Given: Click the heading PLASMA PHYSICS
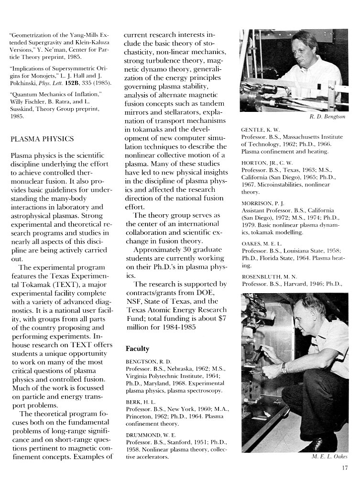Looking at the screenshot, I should pos(42,139).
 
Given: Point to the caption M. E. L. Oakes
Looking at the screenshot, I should pos(329,457).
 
